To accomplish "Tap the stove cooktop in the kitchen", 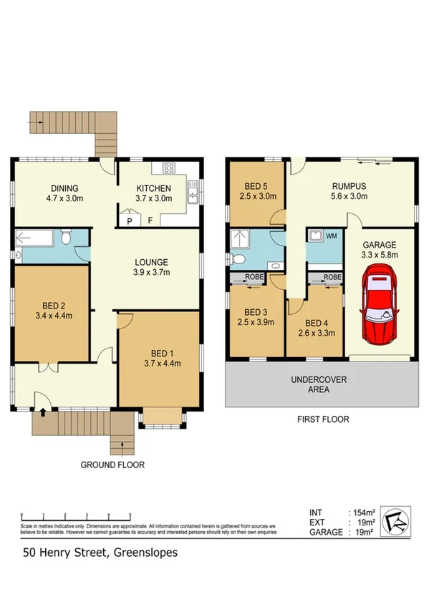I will coord(170,169).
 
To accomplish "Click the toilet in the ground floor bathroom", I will coord(66,238).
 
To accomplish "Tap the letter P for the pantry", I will coord(130,221).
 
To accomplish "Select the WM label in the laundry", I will coord(330,235).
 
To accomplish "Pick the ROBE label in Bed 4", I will coord(332,277).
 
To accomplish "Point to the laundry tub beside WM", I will coord(314,235).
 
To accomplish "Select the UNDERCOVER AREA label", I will coord(319,384).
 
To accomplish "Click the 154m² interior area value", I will coord(362,513).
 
